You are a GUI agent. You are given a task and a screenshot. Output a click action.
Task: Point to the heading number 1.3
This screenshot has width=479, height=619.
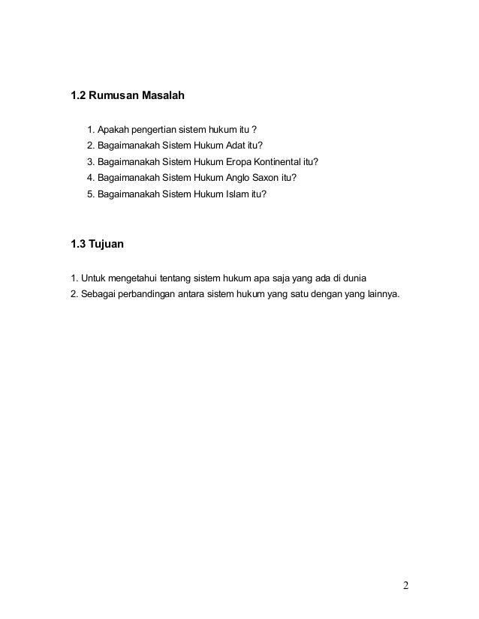pos(78,242)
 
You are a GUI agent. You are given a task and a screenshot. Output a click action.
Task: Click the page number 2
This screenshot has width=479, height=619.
pos(405,586)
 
